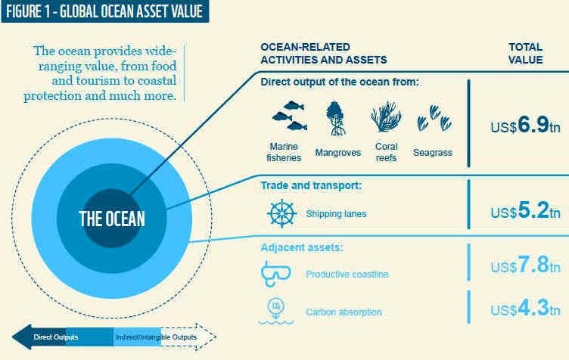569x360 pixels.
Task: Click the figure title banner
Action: (105, 11)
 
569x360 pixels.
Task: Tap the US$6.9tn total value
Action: (525, 125)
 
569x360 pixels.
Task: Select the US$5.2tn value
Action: (525, 210)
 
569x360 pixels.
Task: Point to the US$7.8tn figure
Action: (525, 264)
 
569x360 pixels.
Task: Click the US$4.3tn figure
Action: (525, 308)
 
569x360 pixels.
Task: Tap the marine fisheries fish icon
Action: (290, 116)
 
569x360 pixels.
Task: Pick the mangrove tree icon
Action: (336, 119)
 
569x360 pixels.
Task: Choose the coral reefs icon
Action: (386, 116)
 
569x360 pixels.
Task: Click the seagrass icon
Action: (434, 118)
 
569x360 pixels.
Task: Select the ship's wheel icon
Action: (282, 213)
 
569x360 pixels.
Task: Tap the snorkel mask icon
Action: (275, 274)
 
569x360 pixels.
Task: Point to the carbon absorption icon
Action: (275, 312)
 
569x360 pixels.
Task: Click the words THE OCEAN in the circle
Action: (112, 219)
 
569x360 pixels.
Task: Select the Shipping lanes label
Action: (336, 214)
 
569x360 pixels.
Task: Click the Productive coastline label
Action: (347, 274)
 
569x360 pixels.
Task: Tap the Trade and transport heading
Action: (311, 185)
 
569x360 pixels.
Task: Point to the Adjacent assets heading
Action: (302, 247)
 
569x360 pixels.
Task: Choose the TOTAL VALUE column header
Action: (525, 53)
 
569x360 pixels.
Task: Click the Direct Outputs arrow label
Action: (56, 337)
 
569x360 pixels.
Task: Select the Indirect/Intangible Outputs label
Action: (156, 337)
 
